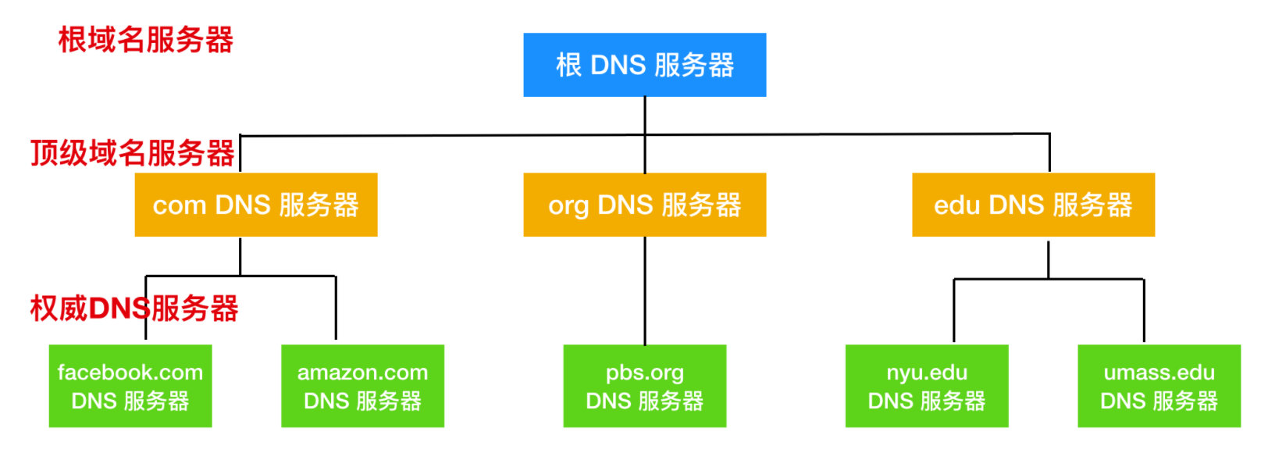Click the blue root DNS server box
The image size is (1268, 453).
click(x=644, y=65)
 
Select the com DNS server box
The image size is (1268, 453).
click(x=255, y=205)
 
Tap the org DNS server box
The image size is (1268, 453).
click(x=644, y=205)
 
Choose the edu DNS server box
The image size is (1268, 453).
click(x=1032, y=205)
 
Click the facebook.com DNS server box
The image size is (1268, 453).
click(x=130, y=386)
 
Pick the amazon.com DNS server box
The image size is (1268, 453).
click(x=362, y=386)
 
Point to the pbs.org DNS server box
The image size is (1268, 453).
click(x=644, y=386)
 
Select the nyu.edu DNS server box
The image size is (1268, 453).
click(x=926, y=386)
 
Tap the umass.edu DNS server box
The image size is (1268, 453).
click(x=1159, y=386)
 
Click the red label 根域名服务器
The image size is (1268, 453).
click(x=146, y=39)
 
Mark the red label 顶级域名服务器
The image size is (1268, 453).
click(x=133, y=153)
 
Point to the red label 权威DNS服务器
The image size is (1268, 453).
click(x=134, y=309)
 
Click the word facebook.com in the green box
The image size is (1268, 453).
click(x=130, y=373)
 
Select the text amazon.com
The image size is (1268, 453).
click(x=362, y=373)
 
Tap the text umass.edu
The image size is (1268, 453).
click(x=1159, y=373)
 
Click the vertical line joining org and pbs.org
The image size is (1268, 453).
click(x=645, y=291)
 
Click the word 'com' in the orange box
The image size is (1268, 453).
click(x=179, y=205)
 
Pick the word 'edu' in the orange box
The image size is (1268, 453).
click(x=956, y=205)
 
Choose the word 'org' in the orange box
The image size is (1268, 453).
click(x=568, y=206)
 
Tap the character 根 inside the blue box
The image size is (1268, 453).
click(x=568, y=66)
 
